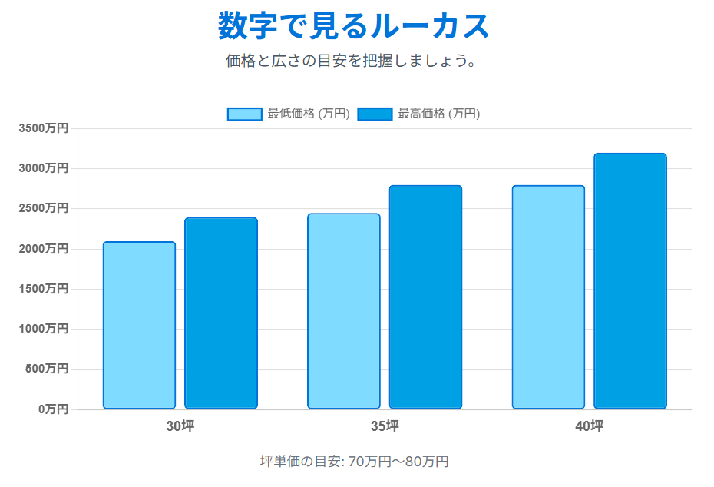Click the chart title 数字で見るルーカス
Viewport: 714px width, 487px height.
[353, 27]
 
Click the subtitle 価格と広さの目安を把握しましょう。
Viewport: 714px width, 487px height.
[352, 61]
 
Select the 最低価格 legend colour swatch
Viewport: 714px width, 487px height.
[245, 114]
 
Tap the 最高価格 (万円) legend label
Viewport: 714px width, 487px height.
[438, 114]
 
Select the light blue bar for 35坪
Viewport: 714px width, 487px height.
[344, 311]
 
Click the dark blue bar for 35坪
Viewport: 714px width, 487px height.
[425, 297]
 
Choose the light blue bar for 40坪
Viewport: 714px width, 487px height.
[548, 297]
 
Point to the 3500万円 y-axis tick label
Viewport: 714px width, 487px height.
[44, 128]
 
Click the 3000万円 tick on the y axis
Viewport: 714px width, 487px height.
[44, 168]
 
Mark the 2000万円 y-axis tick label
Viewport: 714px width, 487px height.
[44, 249]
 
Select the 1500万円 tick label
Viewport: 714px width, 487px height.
[44, 289]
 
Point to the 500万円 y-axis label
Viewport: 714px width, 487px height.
[47, 369]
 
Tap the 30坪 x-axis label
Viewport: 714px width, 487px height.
[180, 426]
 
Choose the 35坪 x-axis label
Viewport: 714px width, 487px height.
[385, 426]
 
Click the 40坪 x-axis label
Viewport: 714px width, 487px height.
[589, 426]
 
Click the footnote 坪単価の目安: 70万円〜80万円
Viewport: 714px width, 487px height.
[354, 462]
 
